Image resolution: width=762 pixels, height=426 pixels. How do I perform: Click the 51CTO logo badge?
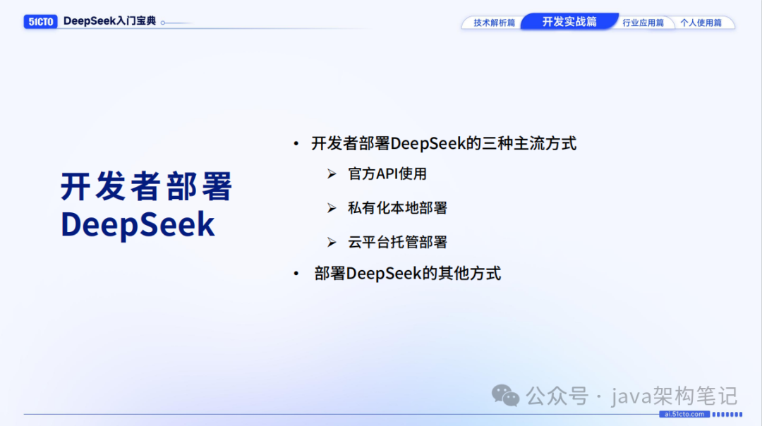tap(40, 22)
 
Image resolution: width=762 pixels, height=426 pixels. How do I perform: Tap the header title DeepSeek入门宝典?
tap(109, 21)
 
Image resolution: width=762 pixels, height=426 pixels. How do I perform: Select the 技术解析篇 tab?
tap(494, 23)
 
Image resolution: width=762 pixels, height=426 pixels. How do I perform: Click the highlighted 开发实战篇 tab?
tap(569, 21)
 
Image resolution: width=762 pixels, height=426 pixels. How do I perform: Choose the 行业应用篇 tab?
tap(643, 23)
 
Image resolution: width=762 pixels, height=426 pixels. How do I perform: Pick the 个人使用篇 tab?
tap(701, 23)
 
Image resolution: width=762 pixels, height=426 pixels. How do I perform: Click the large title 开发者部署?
tap(147, 187)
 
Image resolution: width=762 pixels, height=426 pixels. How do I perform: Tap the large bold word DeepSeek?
tap(138, 224)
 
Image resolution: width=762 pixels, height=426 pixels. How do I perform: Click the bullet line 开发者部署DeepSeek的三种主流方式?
tap(444, 144)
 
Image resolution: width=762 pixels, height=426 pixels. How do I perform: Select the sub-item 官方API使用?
tap(387, 174)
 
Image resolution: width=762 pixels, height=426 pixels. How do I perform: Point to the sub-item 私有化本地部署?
tap(397, 208)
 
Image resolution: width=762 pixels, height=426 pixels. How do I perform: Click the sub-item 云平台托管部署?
tap(397, 243)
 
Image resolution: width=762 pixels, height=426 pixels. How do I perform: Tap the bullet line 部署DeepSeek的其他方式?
tap(408, 274)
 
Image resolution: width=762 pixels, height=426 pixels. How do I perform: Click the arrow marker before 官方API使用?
tap(332, 174)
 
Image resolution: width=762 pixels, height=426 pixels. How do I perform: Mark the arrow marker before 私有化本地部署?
tap(332, 208)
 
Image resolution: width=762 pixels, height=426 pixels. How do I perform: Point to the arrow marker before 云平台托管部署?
tap(332, 243)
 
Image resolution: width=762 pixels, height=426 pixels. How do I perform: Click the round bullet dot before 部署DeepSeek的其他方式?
tap(296, 274)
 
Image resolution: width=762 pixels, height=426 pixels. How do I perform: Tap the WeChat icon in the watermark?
tap(505, 395)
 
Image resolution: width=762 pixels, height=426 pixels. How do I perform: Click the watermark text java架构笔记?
tap(674, 395)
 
